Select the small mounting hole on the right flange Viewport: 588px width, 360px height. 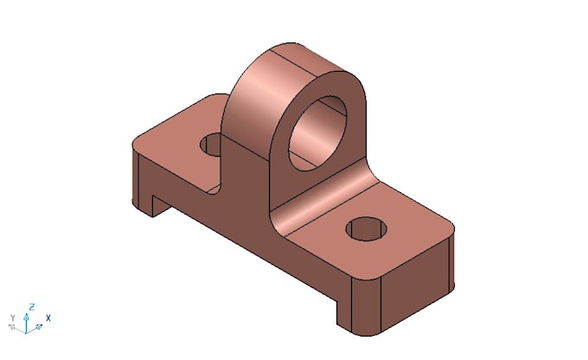[x=366, y=229]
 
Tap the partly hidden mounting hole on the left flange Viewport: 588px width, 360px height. [x=211, y=145]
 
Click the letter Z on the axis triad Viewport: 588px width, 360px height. [x=31, y=306]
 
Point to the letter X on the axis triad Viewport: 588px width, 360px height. [x=48, y=318]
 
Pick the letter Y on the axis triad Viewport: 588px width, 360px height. [x=12, y=318]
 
